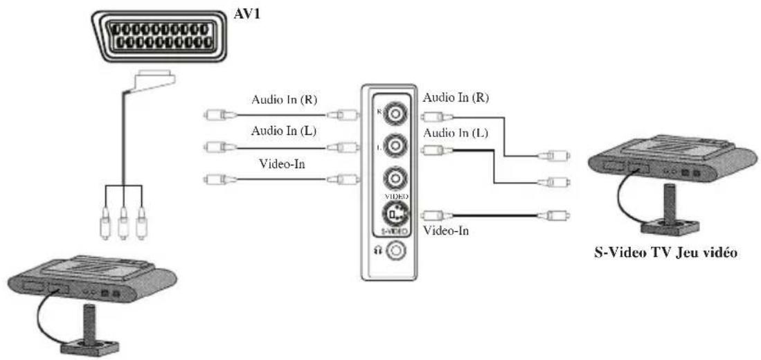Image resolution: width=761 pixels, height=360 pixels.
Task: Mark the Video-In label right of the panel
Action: pyautogui.click(x=445, y=230)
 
